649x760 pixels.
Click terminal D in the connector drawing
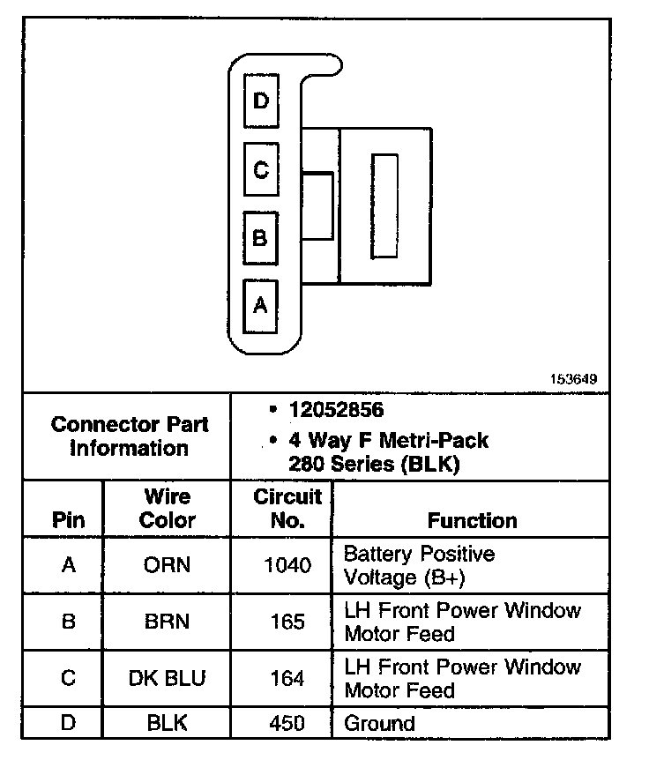[260, 101]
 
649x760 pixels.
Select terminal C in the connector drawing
[260, 169]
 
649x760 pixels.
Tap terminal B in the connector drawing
[260, 237]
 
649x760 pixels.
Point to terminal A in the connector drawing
[260, 305]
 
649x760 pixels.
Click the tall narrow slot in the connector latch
[384, 206]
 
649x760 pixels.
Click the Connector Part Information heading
[130, 436]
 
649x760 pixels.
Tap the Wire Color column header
[167, 508]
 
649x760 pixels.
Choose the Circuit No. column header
[287, 508]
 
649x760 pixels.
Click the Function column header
[473, 520]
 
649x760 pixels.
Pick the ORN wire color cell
[167, 565]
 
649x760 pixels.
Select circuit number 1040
[287, 565]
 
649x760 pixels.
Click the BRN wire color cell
[167, 622]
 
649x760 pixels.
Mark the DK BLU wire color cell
[167, 679]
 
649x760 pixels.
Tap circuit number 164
[287, 679]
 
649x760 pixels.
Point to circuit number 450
[287, 724]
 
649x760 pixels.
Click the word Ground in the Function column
[379, 724]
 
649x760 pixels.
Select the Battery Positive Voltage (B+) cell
[419, 565]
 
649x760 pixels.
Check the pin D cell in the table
[68, 724]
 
